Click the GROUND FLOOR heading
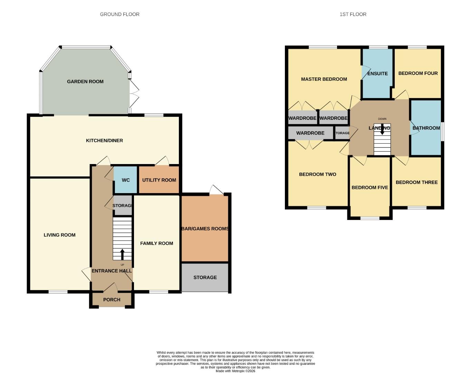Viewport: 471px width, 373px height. click(x=119, y=14)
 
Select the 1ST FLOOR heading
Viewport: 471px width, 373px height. click(x=353, y=14)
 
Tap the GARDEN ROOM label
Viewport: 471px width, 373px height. click(x=85, y=82)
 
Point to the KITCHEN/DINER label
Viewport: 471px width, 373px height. click(x=104, y=141)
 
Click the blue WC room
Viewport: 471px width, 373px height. click(x=126, y=180)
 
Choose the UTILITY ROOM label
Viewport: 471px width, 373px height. click(x=159, y=180)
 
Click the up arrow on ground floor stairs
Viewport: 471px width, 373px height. click(x=122, y=255)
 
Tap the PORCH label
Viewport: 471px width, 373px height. click(x=112, y=299)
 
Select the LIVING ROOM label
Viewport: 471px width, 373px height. click(x=59, y=235)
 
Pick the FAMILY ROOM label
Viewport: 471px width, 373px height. click(x=156, y=243)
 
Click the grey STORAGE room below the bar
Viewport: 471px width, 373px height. click(x=205, y=277)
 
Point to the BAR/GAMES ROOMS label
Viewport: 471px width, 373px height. click(x=205, y=229)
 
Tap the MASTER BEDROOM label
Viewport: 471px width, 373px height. click(x=324, y=79)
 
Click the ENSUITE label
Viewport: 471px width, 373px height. click(x=377, y=74)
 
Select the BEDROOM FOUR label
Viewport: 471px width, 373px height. click(x=418, y=73)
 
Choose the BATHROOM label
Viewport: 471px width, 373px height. click(x=426, y=128)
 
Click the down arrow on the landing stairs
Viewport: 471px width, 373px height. click(x=382, y=129)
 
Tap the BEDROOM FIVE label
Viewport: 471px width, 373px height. click(x=370, y=188)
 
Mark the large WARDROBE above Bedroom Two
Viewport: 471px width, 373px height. click(x=310, y=133)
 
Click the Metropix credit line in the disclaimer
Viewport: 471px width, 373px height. click(x=236, y=371)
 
